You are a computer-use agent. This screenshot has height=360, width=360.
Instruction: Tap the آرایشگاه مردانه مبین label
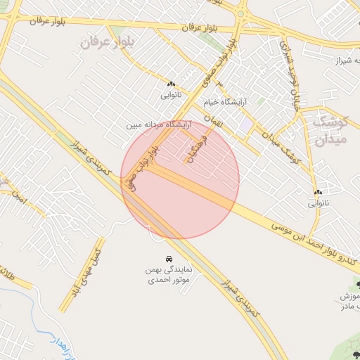(x=159, y=124)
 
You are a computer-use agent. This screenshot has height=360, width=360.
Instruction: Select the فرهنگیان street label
(x=193, y=148)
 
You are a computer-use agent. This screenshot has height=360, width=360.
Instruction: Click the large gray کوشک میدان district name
(x=329, y=128)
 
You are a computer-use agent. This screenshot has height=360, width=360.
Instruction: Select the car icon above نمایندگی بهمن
(x=169, y=259)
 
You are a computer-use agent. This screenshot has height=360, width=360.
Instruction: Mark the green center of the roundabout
(x=240, y=12)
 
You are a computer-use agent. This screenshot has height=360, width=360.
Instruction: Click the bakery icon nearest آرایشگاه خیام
(x=171, y=84)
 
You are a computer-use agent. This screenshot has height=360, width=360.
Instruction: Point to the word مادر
(x=345, y=307)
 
